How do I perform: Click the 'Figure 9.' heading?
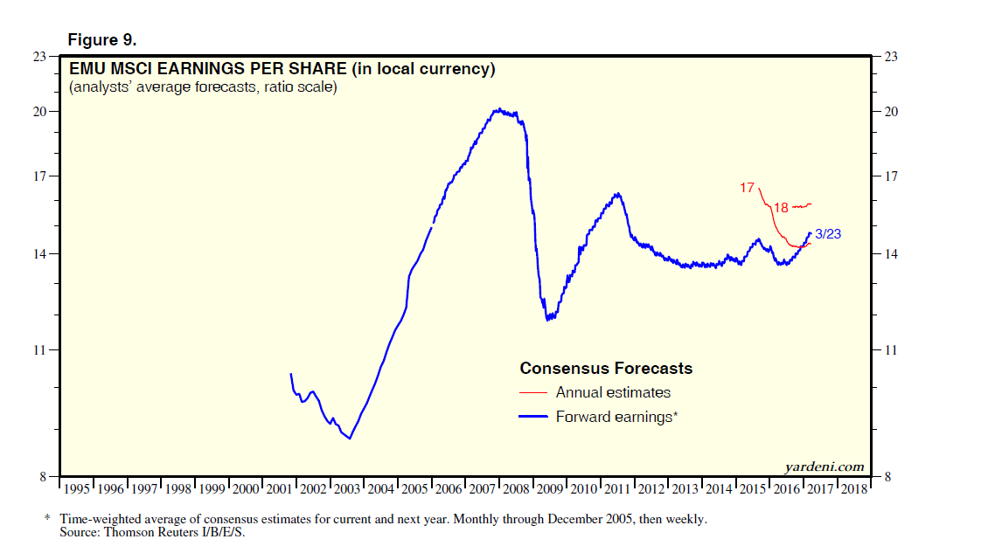[101, 40]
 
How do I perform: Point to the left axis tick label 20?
[40, 112]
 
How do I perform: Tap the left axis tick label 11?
[40, 350]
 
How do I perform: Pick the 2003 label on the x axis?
[347, 489]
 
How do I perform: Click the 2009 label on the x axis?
[550, 489]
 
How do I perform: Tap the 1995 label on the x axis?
[76, 489]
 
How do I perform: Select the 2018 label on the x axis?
[853, 489]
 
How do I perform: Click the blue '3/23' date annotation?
[828, 234]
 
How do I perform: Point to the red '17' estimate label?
[747, 188]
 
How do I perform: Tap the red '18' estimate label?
[781, 208]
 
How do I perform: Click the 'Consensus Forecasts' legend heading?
[606, 368]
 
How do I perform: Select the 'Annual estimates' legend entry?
[613, 393]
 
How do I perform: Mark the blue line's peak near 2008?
[497, 109]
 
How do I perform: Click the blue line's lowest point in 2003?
[350, 438]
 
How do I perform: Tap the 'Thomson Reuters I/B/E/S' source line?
[152, 531]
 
